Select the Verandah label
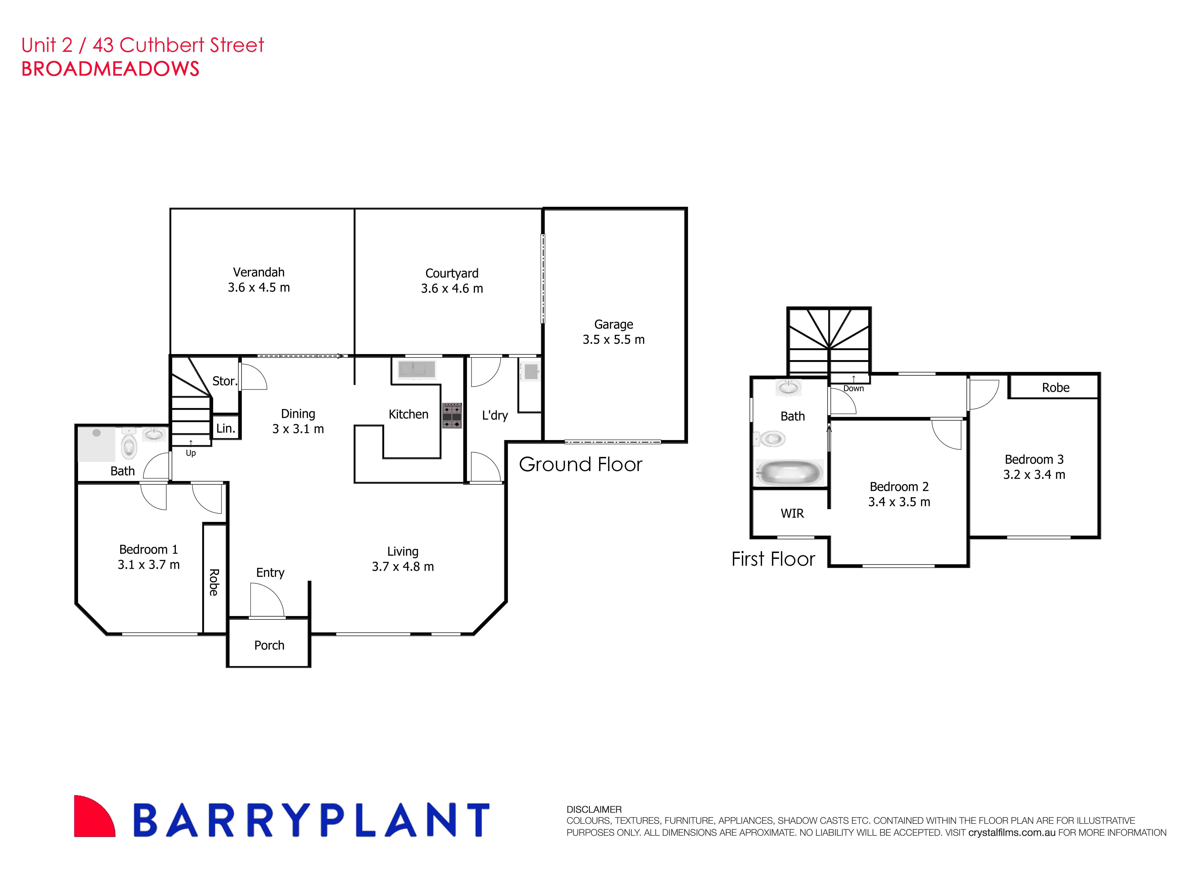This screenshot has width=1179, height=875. (259, 272)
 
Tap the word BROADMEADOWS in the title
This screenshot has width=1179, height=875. (110, 69)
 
